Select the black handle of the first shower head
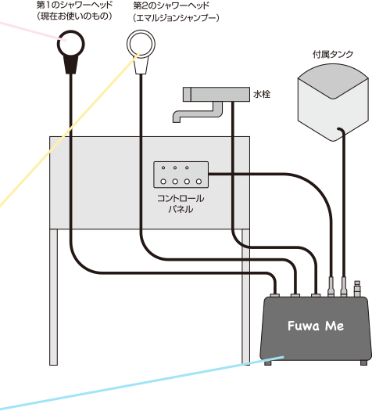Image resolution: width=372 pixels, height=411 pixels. coord(71,65)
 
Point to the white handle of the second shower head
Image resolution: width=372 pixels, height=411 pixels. coord(141,66)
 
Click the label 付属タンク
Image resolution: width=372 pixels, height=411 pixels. coord(333,54)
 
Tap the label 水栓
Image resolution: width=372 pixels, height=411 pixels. coord(262,94)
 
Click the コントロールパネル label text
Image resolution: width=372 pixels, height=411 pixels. coord(181,204)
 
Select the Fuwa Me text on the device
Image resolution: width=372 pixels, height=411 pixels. coord(316,326)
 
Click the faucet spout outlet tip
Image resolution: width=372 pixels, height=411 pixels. coord(177,121)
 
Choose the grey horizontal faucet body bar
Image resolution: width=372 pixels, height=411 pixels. coord(216,94)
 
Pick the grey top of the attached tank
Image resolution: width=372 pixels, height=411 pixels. coord(333,81)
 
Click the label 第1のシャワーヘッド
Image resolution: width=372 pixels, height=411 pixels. coord(74,5)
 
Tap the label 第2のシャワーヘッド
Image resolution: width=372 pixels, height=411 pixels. coord(171,5)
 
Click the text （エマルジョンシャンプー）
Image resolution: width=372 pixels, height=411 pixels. coord(176,18)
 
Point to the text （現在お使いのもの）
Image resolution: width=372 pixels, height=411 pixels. coord(74,16)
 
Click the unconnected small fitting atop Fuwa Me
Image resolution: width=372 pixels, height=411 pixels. coord(357,288)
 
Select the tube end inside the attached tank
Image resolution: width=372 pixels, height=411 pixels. coord(338,129)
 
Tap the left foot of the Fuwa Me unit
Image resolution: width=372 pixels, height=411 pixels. coord(267,362)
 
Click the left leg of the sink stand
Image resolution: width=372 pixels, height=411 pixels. coord(54,297)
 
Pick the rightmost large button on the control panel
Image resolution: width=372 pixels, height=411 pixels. coord(199,182)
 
